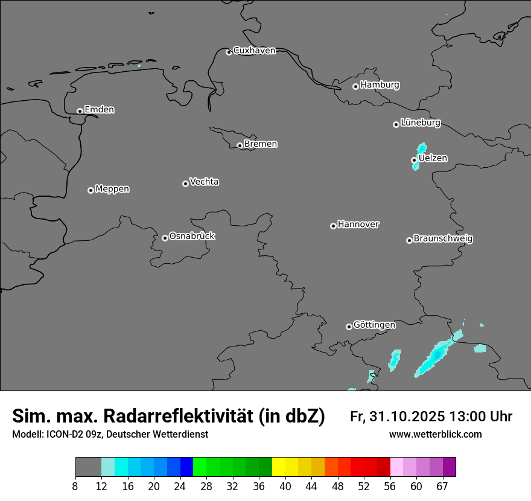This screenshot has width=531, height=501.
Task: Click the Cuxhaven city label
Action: click(254, 51)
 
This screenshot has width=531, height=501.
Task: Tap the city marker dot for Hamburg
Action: click(355, 86)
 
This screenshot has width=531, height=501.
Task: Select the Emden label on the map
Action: click(99, 110)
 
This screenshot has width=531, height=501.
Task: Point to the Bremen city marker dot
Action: click(240, 145)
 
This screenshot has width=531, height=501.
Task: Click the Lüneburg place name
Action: click(421, 123)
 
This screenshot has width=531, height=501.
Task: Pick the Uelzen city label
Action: click(433, 158)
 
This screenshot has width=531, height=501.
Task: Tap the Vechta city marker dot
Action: click(185, 183)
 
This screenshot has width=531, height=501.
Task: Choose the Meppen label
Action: click(112, 189)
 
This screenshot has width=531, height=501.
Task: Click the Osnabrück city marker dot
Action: click(165, 238)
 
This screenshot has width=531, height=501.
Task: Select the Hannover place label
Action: click(358, 225)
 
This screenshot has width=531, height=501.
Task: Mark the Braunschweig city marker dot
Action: click(409, 240)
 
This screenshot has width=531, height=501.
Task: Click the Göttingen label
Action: click(374, 325)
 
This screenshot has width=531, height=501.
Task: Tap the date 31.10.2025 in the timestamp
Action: click(408, 416)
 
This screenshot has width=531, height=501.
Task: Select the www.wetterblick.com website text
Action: click(435, 435)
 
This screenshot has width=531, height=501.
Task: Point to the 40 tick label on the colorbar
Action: click(285, 487)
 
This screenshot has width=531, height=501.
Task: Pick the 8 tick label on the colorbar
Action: click(75, 487)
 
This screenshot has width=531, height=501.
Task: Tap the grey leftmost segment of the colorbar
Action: click(88, 467)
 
